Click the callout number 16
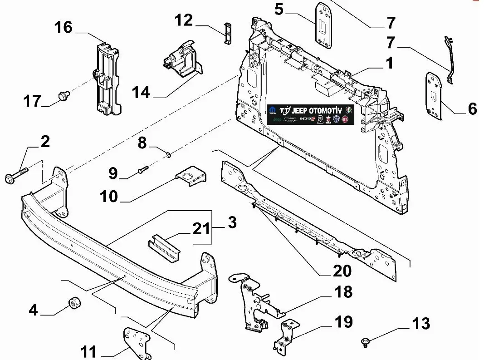click(x=64, y=27)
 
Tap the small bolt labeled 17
click(x=63, y=96)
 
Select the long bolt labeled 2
click(x=16, y=175)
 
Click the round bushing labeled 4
click(x=73, y=303)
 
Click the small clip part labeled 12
click(x=227, y=32)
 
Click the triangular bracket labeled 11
click(x=137, y=341)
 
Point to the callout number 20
click(x=342, y=271)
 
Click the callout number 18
click(x=343, y=292)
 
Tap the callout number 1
click(x=389, y=63)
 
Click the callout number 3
click(x=232, y=223)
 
